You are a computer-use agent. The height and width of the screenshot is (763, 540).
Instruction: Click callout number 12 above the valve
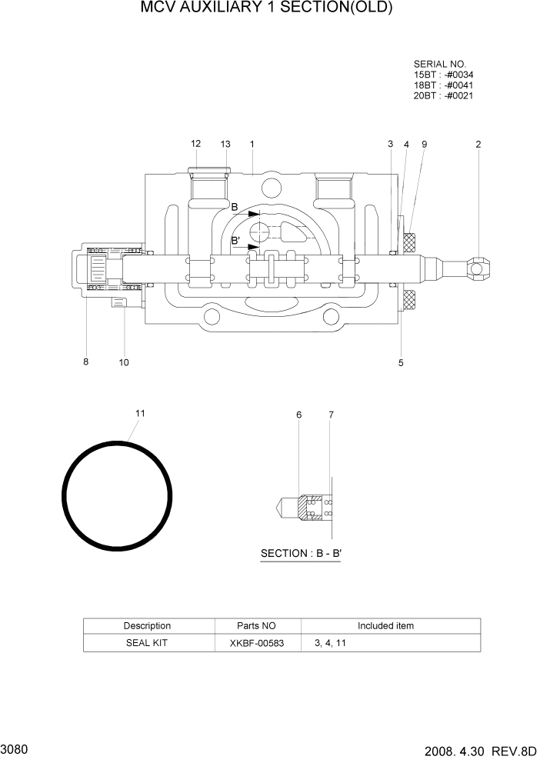195,144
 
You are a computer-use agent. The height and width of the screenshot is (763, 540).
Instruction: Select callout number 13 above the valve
225,144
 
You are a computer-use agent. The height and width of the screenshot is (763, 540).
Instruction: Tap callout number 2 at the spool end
478,144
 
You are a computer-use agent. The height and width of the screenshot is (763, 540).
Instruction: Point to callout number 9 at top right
424,144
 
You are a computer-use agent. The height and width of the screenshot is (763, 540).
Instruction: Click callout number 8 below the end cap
86,362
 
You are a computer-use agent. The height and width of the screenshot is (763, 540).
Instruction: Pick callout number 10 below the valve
124,362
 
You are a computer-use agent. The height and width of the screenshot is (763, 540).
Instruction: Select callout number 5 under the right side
401,362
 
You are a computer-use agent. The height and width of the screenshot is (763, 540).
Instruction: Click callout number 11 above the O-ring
140,413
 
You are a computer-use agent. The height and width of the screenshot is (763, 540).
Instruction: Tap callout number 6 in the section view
299,415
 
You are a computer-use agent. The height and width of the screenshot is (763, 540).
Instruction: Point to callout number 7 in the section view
331,415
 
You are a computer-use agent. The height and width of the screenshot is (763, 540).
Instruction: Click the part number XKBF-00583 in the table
257,643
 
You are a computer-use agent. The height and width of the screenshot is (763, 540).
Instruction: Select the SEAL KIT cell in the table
147,643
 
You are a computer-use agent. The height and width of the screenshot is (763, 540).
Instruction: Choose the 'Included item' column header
385,626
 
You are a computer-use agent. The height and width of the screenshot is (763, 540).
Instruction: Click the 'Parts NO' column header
257,626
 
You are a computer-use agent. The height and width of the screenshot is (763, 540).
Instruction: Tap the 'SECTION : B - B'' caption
301,553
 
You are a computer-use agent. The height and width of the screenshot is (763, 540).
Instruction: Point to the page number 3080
15,748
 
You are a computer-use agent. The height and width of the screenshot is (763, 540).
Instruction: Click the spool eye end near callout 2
478,268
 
